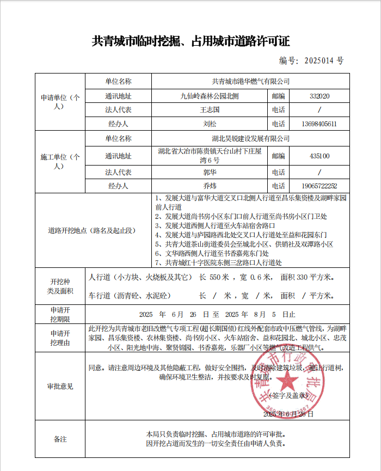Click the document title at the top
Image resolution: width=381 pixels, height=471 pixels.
point(190,42)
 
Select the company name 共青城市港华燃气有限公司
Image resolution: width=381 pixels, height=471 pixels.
point(251,82)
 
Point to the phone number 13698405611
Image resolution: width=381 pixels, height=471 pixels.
point(319,124)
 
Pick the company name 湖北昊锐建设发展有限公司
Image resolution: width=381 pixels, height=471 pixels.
point(251,139)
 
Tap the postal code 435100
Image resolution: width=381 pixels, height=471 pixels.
point(319,156)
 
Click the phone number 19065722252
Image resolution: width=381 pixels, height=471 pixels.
point(319,186)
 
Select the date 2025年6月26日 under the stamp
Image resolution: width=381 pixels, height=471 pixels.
point(288,414)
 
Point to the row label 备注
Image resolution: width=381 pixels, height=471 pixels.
point(60,439)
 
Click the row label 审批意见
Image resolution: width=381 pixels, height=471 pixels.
point(60,387)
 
